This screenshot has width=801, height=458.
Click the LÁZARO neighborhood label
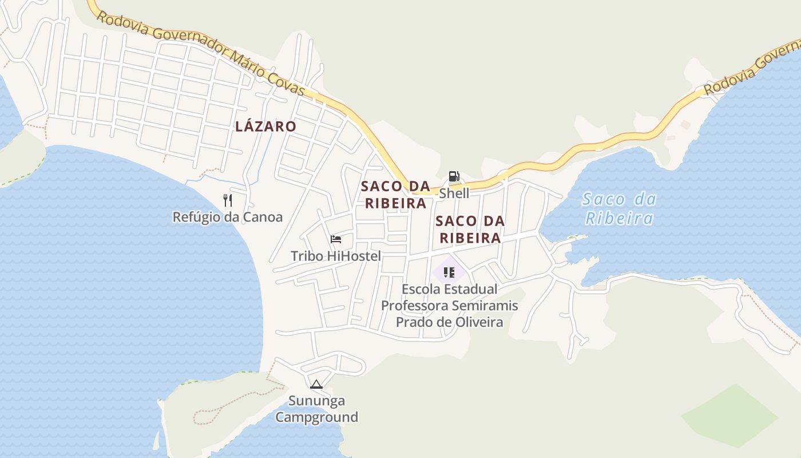point(265,127)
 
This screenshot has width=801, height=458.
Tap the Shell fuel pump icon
point(454,176)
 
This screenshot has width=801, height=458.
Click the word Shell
point(454,194)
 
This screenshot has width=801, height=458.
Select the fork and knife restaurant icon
point(228,200)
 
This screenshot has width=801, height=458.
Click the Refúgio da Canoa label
point(228,217)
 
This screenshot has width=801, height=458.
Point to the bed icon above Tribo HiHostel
point(336,239)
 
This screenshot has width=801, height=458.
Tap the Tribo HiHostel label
point(336,256)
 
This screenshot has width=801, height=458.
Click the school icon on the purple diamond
point(449,272)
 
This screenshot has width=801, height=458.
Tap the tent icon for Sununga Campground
point(316,384)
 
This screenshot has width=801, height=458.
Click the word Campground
point(316,417)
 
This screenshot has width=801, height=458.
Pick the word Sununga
point(316,401)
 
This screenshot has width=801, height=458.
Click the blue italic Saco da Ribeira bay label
point(619,208)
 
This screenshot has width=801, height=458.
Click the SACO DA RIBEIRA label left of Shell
point(395,195)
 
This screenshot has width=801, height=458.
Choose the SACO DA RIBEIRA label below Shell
point(470,229)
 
